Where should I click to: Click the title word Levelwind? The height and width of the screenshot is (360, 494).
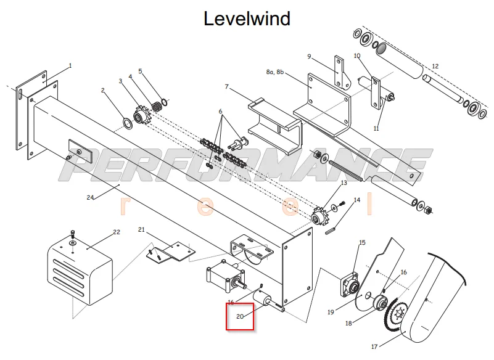point(247,18)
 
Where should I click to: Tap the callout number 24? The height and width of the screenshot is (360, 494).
point(90,197)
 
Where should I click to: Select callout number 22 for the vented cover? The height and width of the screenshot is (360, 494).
point(117,232)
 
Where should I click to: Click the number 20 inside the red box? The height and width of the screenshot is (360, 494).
point(240,316)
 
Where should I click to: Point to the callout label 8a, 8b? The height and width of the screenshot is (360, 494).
point(274,72)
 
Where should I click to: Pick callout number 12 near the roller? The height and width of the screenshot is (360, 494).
point(435,66)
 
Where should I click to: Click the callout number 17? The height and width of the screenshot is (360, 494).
point(374,347)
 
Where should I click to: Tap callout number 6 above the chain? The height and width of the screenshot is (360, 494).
point(220,111)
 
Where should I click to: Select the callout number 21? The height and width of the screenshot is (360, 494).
point(141,229)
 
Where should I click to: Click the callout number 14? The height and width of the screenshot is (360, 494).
point(357,200)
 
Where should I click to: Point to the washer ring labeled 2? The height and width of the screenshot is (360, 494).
point(127,123)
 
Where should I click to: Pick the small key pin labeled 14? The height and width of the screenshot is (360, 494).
point(331,231)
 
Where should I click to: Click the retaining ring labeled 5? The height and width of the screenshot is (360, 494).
point(165,102)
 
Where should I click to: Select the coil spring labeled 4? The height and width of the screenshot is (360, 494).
point(157,107)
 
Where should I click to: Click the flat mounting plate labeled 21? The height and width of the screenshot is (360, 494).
point(171,252)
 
